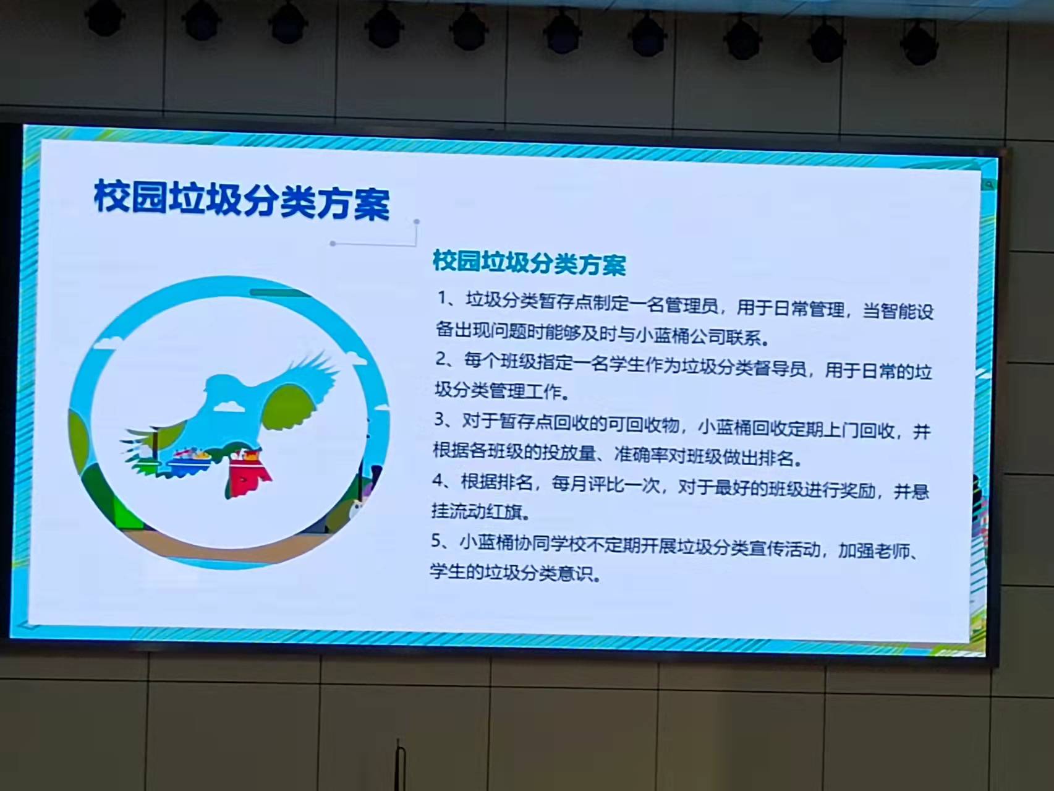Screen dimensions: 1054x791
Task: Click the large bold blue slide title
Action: point(242,200)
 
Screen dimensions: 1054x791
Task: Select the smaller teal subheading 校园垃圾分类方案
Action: point(529,263)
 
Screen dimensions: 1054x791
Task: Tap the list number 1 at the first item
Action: point(443,298)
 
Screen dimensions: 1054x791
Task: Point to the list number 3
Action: point(441,419)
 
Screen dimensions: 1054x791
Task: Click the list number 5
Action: point(438,541)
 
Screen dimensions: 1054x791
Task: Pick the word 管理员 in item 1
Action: point(692,304)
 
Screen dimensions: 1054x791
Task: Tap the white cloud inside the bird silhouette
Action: point(228,406)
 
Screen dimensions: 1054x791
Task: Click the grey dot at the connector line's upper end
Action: point(417,221)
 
